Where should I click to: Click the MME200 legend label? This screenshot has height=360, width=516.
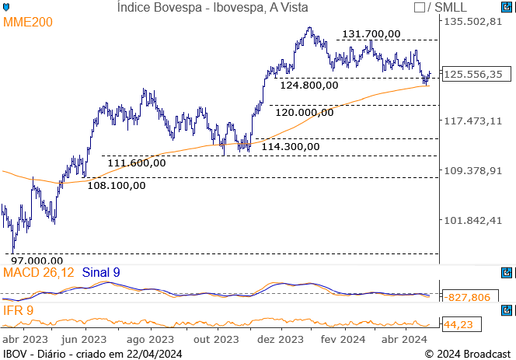pos(28,22)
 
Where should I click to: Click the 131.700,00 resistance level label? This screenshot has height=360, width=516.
pos(371,33)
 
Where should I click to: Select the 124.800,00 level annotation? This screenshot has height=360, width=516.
pos(309,85)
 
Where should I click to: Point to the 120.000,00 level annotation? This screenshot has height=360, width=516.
pos(305,112)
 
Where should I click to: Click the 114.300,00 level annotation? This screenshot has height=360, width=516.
pos(291,145)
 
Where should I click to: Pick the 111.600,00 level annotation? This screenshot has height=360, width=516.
pos(137,163)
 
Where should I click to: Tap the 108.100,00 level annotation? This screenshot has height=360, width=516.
pos(117,185)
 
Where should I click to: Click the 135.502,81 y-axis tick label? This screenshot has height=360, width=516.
pos(472,21)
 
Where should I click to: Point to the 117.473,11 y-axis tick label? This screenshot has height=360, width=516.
pos(472,121)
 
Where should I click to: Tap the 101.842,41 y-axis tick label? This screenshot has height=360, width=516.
pos(472,221)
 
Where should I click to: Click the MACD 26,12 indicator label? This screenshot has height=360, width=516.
pos(39,272)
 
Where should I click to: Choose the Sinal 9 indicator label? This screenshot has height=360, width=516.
pos(101,272)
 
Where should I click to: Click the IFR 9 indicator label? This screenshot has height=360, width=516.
pos(18,311)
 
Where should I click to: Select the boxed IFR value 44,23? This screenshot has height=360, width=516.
pos(456,324)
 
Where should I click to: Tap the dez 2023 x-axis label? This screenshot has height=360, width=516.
pos(280,340)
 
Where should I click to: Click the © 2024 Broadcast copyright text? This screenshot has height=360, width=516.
pos(468,354)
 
